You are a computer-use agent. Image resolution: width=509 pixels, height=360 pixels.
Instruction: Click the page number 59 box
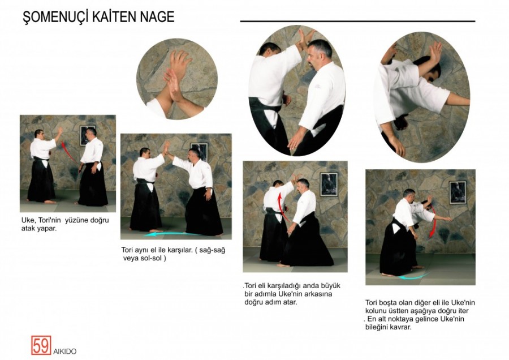click(41, 345)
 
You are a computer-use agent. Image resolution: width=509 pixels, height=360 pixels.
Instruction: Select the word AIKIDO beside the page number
click(65, 352)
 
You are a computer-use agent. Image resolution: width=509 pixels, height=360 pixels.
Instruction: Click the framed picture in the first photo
click(87, 135)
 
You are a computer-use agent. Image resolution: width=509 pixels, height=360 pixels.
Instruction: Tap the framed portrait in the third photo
click(329, 185)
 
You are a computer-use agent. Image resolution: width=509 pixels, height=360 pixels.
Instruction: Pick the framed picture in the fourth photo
click(458, 192)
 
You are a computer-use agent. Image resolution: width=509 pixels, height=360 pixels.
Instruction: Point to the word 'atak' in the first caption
click(28, 228)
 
